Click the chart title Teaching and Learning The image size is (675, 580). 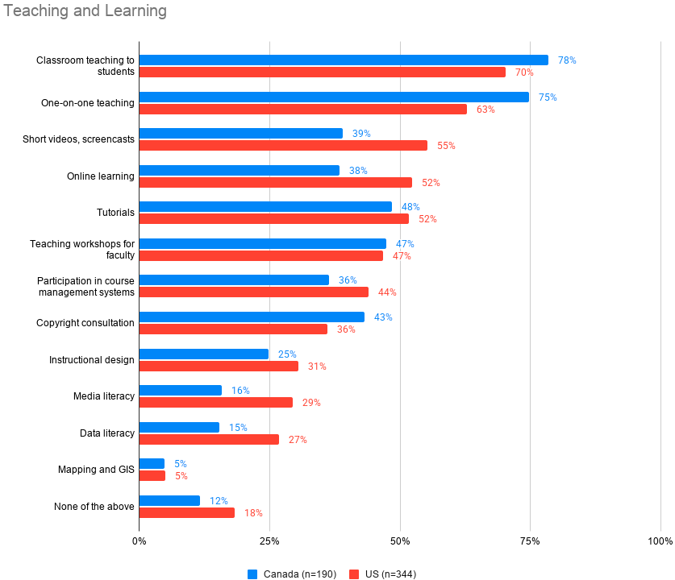pos(85,11)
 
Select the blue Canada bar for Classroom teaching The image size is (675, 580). pos(344,60)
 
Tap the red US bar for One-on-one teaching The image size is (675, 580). pos(303,109)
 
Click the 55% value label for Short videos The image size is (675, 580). pos(446,146)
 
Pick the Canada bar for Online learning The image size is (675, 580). pos(240,170)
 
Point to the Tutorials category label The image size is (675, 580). pos(115,213)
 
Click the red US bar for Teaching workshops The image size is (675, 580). pos(261,255)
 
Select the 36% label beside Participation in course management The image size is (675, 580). pos(348,280)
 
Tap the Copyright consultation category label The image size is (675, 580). pos(85,323)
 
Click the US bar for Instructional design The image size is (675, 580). pos(219,366)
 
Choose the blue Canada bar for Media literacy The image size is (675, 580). pos(181,390)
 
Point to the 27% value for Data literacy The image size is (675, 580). pos(298,440)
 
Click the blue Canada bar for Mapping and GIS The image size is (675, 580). pos(152,463)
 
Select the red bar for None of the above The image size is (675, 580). pos(187,512)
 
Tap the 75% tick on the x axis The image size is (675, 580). pos(530,541)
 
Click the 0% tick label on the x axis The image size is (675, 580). pos(139,541)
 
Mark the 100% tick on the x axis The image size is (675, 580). pos(660,541)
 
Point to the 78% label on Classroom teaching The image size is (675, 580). pos(567,60)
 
